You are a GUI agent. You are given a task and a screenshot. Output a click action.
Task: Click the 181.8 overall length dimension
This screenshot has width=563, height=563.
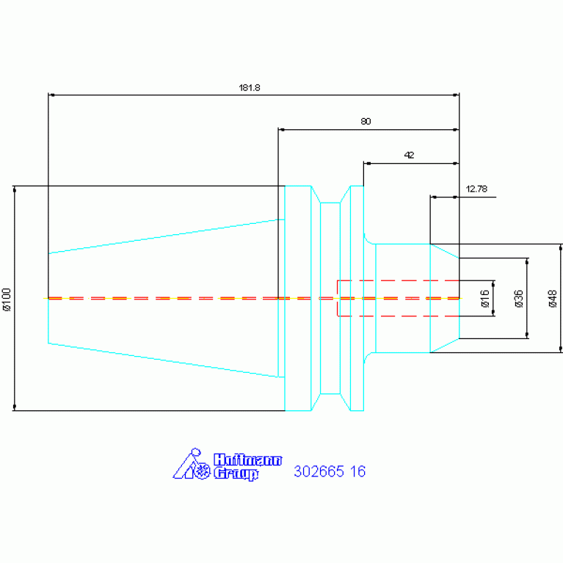click(249, 87)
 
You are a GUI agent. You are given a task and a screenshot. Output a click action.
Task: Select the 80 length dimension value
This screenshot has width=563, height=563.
click(366, 121)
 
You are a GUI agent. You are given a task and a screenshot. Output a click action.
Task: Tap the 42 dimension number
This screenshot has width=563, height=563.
click(409, 155)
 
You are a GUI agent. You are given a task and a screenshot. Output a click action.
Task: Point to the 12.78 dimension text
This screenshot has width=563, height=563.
click(476, 189)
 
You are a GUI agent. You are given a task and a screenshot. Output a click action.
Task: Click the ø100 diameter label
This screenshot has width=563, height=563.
click(7, 299)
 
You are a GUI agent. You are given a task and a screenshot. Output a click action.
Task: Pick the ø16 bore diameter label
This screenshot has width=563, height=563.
click(484, 299)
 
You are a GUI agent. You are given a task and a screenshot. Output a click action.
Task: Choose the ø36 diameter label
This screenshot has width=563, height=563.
click(519, 299)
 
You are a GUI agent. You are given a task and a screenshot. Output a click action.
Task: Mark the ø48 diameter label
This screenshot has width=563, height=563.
click(553, 299)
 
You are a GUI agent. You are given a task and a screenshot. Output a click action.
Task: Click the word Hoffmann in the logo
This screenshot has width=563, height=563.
click(248, 460)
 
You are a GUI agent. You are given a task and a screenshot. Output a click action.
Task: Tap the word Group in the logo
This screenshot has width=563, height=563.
click(236, 473)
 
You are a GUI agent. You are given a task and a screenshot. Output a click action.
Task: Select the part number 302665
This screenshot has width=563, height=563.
click(319, 471)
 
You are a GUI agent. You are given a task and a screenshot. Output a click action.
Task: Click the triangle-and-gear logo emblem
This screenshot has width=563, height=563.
click(192, 464)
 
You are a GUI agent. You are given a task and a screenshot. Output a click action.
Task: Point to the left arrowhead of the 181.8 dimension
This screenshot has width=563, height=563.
click(51, 95)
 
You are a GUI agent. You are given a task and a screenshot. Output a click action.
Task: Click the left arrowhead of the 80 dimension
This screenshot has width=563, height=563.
click(282, 129)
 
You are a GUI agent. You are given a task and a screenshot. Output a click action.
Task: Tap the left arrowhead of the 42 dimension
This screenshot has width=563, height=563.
click(367, 164)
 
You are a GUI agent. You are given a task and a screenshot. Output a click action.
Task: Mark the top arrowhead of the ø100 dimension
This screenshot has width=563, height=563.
click(15, 189)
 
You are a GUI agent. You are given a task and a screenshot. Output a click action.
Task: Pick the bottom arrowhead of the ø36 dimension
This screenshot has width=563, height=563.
click(527, 335)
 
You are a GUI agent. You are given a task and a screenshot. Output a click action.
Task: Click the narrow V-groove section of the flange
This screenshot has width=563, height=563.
click(330, 298)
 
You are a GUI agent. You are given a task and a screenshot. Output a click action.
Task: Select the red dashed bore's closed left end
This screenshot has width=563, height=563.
click(338, 298)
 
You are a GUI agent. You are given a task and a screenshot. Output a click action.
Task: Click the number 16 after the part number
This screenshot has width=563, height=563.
click(357, 471)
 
